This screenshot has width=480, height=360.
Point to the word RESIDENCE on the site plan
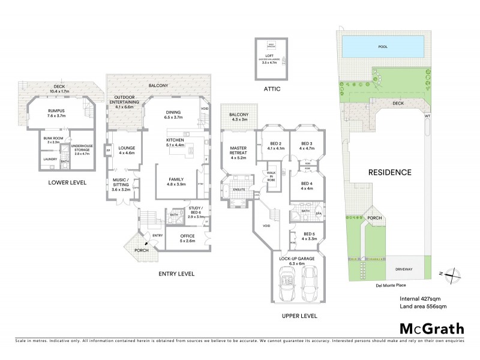tap(389, 172)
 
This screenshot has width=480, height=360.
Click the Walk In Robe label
tap(271, 175)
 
